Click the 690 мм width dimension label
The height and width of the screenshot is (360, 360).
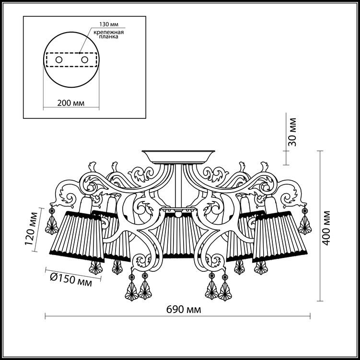coord(184,310)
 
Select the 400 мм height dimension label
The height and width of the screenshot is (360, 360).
coord(326,228)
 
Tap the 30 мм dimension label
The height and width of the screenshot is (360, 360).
coord(292,132)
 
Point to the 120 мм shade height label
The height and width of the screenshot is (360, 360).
coord(32,229)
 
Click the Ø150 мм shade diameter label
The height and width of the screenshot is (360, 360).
coord(71,280)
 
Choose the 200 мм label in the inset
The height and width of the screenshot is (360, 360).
coord(71,103)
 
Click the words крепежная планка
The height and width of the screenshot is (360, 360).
coord(109,34)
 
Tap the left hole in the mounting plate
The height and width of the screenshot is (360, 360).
coord(59,60)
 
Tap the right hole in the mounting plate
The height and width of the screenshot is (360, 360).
coord(85,60)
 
